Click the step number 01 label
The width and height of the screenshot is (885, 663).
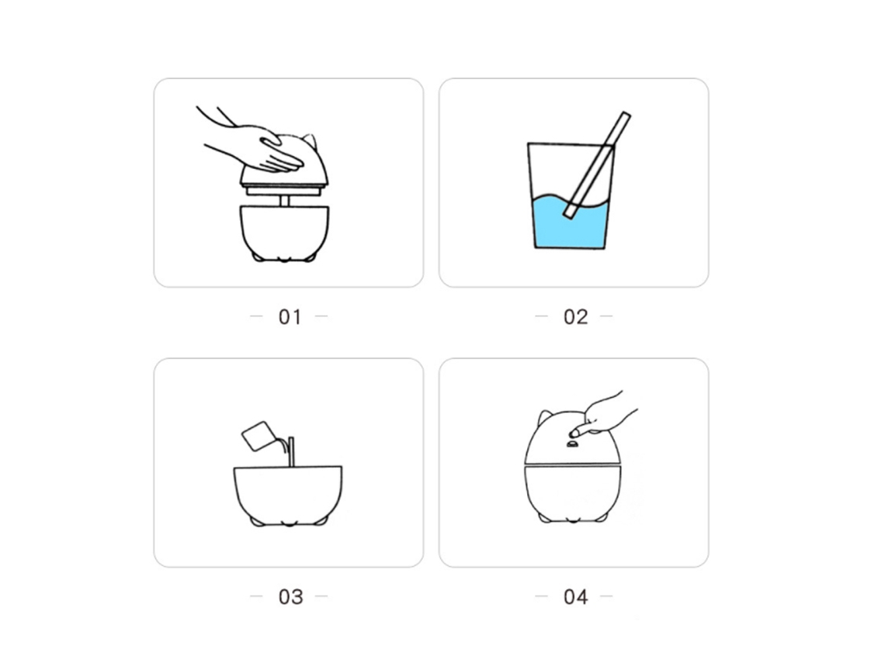(290, 317)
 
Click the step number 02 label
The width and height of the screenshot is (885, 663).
(575, 317)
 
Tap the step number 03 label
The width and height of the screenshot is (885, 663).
(290, 596)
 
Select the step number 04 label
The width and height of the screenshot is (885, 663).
(575, 596)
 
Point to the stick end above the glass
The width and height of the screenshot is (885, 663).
(626, 115)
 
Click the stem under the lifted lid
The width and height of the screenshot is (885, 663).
(284, 201)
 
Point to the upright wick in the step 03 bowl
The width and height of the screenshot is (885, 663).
(291, 451)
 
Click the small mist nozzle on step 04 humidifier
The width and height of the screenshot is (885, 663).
(572, 444)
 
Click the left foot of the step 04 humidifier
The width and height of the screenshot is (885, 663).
(545, 517)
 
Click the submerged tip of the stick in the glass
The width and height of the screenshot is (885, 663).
(568, 212)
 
